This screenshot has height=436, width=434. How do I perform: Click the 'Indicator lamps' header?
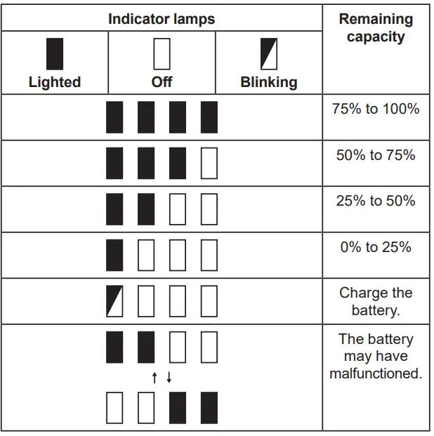point(162,18)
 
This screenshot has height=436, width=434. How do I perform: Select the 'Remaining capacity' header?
point(376,28)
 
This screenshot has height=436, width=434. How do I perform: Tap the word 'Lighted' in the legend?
point(55,82)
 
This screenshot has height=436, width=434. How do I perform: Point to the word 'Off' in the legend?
point(162,82)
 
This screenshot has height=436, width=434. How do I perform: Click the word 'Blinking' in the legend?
point(268,82)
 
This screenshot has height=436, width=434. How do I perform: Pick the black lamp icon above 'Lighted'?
point(55,54)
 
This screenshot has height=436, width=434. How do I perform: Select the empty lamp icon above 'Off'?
point(162,54)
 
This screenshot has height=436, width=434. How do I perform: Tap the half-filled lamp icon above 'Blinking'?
point(268,54)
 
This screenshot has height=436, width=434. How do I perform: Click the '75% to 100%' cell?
point(376,109)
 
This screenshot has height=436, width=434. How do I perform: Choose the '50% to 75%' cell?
point(376,155)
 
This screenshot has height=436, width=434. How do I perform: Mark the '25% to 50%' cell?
point(376,201)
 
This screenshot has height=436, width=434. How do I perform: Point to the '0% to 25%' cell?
point(376,247)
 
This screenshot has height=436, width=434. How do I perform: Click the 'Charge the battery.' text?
point(376,301)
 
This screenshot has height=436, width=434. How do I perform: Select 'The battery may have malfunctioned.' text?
point(376,357)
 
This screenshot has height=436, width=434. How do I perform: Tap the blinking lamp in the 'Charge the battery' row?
point(114,301)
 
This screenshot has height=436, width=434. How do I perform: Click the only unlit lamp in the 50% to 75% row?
point(209,163)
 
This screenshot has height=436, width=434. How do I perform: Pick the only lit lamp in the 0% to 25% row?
point(114,255)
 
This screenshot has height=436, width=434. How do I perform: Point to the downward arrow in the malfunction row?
point(169,378)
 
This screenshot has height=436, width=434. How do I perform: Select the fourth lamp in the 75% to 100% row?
point(209,117)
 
